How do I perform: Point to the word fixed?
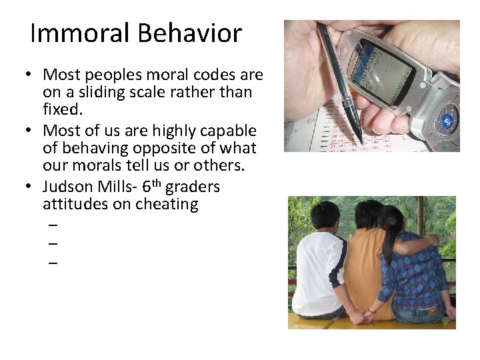pos(64,109)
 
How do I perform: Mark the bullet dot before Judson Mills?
pos(32,187)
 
